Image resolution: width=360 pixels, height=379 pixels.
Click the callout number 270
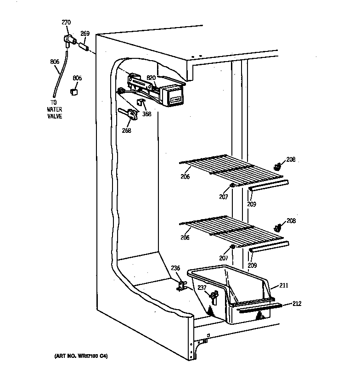pyautogui.click(x=67, y=23)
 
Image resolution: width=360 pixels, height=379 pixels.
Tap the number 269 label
pyautogui.click(x=85, y=33)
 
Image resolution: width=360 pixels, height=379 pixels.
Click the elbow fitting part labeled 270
pyautogui.click(x=69, y=42)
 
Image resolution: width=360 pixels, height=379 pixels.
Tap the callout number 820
pyautogui.click(x=152, y=78)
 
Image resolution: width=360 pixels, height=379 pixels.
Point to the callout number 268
pyautogui.click(x=126, y=130)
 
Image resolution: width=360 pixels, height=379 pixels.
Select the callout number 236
pyautogui.click(x=175, y=268)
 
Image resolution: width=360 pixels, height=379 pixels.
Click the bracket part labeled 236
pyautogui.click(x=182, y=286)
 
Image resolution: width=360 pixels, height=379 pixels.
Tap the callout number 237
pyautogui.click(x=202, y=287)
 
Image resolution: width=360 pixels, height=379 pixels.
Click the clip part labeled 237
pyautogui.click(x=213, y=298)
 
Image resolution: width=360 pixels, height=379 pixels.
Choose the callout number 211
pyautogui.click(x=284, y=286)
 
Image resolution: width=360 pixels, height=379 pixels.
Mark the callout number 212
pyautogui.click(x=297, y=303)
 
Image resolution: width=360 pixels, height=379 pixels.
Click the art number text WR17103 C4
pyautogui.click(x=79, y=356)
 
